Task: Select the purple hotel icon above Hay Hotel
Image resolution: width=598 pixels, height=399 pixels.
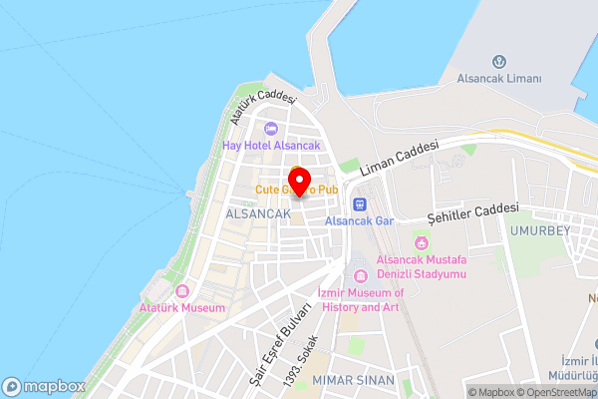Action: pyautogui.click(x=270, y=128)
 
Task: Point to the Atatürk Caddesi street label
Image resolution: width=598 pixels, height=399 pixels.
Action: pyautogui.click(x=263, y=107)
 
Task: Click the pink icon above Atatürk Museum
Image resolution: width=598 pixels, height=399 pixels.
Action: pyautogui.click(x=182, y=291)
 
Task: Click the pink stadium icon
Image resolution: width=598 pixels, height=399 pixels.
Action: pyautogui.click(x=422, y=243)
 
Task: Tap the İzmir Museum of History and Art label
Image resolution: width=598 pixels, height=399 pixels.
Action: pyautogui.click(x=360, y=300)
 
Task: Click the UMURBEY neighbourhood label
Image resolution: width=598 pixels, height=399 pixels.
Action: pyautogui.click(x=541, y=229)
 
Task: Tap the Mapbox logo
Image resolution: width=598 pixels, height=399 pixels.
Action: pyautogui.click(x=44, y=386)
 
